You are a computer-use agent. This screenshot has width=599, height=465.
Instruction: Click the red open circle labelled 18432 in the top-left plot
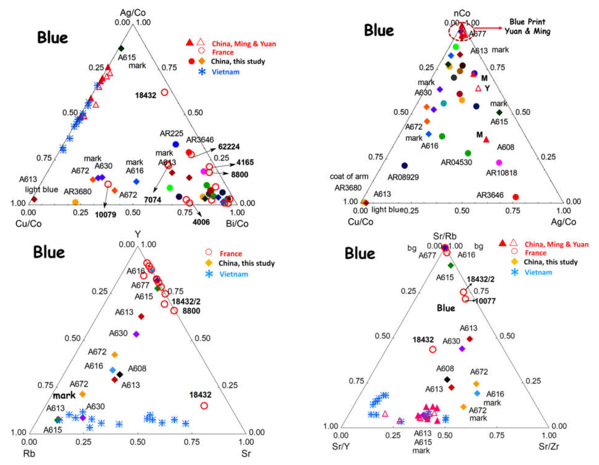[164, 92]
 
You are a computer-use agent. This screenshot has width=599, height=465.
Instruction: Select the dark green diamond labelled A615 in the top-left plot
[121, 49]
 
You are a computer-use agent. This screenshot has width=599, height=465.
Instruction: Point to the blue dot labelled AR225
[176, 144]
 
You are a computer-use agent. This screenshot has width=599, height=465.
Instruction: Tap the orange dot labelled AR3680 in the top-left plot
[75, 202]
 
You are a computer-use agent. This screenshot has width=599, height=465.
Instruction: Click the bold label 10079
[106, 214]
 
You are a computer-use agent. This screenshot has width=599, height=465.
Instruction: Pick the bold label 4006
[201, 222]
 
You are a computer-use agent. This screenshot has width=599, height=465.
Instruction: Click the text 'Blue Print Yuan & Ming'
[527, 26]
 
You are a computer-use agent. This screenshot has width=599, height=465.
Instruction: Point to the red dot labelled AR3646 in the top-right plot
[516, 197]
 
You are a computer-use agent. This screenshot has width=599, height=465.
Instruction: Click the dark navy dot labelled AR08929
[404, 165]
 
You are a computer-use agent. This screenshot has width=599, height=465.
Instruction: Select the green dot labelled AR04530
[468, 153]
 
